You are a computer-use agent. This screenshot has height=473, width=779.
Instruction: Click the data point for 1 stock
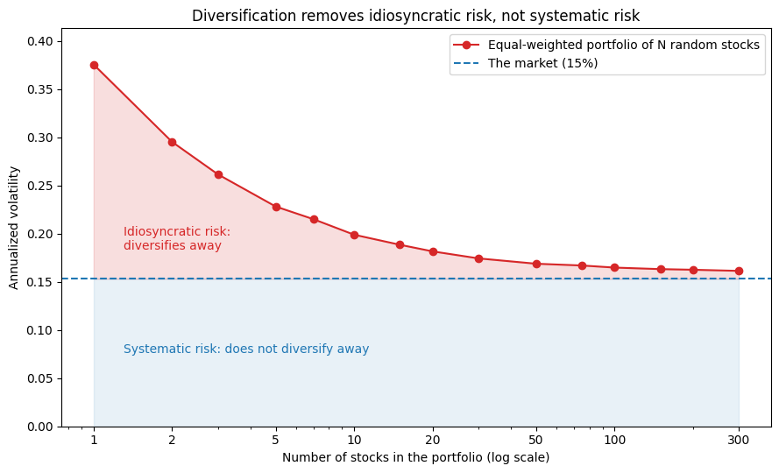[94, 65]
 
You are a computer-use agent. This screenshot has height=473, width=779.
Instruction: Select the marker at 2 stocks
[172, 142]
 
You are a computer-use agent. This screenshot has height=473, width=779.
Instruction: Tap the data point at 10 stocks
[354, 235]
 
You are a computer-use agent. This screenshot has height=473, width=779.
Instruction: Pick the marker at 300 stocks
[739, 271]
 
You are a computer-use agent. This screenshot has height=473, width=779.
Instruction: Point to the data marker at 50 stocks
[536, 264]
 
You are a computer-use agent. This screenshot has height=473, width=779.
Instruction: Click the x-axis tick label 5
[276, 440]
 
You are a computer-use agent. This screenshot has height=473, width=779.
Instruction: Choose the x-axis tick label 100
[614, 440]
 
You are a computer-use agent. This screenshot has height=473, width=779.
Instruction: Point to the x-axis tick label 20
[433, 440]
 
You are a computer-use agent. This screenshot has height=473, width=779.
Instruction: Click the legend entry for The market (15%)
[526, 63]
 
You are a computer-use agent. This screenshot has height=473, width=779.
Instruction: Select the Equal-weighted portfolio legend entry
[606, 45]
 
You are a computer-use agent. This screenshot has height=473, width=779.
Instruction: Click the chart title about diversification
[416, 16]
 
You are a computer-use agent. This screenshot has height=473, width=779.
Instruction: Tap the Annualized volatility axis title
[13, 228]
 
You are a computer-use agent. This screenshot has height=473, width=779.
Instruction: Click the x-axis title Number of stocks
[416, 457]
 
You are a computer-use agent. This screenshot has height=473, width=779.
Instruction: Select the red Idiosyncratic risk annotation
[177, 238]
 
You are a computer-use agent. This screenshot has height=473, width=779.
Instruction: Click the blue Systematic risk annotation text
[246, 349]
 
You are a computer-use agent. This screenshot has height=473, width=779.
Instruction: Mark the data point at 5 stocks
[276, 208]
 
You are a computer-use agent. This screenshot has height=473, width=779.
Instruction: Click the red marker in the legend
[466, 46]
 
